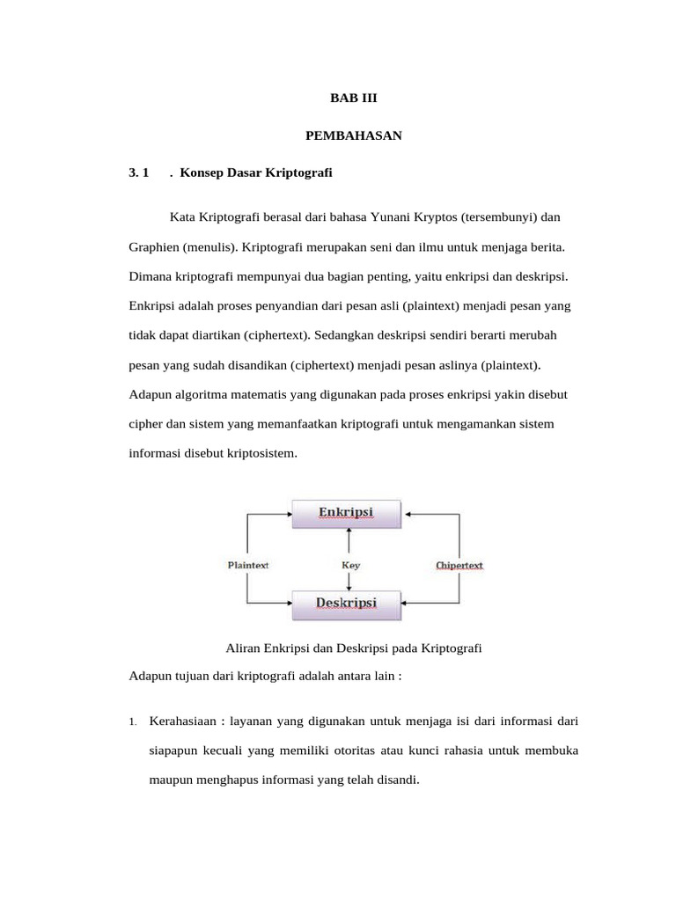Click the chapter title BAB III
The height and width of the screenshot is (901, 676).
point(353,100)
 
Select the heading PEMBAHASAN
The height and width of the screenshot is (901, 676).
point(353,136)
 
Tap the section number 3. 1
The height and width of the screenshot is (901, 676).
point(141,172)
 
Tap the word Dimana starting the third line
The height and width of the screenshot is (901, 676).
point(151,276)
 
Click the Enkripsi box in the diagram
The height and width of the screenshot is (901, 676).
point(346,512)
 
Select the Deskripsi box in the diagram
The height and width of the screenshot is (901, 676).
point(346,603)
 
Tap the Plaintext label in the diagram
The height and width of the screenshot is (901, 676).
point(249,565)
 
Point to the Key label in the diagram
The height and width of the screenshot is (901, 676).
point(350,565)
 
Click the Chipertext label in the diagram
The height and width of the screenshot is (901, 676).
point(459,565)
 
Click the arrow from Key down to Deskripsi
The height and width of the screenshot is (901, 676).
point(350,581)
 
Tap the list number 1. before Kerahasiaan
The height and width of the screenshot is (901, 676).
point(132,723)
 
